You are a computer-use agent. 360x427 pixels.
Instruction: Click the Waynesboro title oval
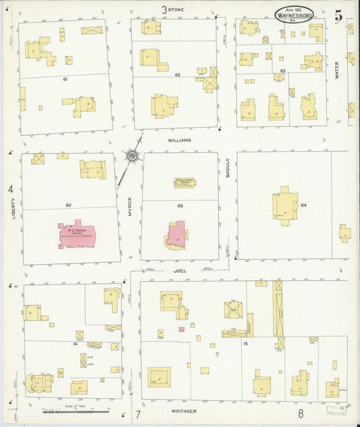click(x=294, y=14)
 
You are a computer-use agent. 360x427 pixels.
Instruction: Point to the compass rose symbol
click(x=132, y=157)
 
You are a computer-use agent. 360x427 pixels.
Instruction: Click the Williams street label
click(x=180, y=140)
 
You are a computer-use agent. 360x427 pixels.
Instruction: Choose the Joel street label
click(x=180, y=270)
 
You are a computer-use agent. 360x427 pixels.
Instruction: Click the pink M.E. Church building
click(x=78, y=234)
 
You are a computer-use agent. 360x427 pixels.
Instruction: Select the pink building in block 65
click(x=176, y=235)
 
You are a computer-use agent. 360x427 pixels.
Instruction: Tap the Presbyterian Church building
click(x=184, y=182)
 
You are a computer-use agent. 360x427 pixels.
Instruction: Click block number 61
click(x=65, y=80)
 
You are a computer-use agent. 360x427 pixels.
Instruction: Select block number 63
click(x=282, y=70)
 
